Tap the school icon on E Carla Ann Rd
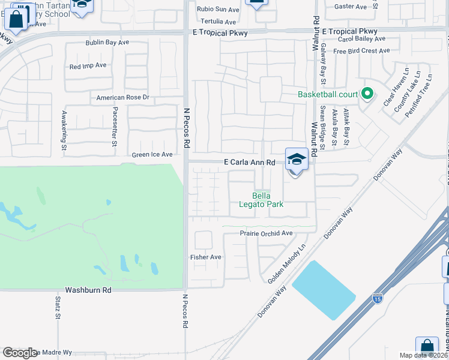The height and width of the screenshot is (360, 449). (297, 160)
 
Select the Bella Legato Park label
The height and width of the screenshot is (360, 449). (267, 200)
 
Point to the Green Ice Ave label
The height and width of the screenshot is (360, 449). (152, 154)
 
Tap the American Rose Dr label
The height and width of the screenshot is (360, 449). (122, 97)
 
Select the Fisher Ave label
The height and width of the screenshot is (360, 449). (206, 257)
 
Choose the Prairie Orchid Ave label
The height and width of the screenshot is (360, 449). (266, 233)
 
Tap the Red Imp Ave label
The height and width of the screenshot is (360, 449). (88, 65)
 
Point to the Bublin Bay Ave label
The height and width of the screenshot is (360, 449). (107, 43)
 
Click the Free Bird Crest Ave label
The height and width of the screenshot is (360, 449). (361, 51)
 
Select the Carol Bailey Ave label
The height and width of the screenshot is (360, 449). (361, 38)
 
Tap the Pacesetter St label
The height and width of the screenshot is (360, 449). (114, 127)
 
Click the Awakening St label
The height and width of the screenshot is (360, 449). (64, 129)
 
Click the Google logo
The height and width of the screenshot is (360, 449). (20, 353)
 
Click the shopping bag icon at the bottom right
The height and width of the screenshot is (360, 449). (427, 348)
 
